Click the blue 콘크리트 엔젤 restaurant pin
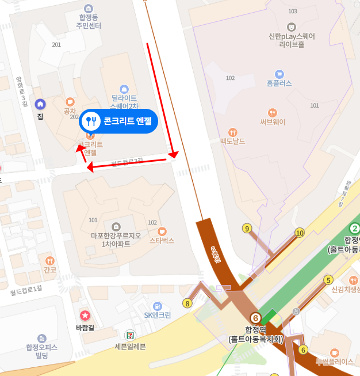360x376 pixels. (91, 121)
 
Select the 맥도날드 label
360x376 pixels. (233, 140)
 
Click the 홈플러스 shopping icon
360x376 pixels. (279, 74)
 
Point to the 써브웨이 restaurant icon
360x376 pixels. (273, 112)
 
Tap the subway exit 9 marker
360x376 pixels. (247, 229)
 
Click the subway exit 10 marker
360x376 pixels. (299, 233)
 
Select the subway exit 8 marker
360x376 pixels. (187, 303)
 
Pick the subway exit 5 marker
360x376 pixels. (328, 280)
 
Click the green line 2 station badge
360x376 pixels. (355, 229)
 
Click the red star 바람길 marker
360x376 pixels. (85, 315)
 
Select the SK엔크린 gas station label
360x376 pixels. (158, 315)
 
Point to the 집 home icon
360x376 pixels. (40, 104)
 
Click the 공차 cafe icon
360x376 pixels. (70, 101)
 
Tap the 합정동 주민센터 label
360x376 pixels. (89, 22)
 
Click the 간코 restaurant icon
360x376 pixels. (50, 260)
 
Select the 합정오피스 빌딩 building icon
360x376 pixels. (41, 338)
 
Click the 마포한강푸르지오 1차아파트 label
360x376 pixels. (117, 240)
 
